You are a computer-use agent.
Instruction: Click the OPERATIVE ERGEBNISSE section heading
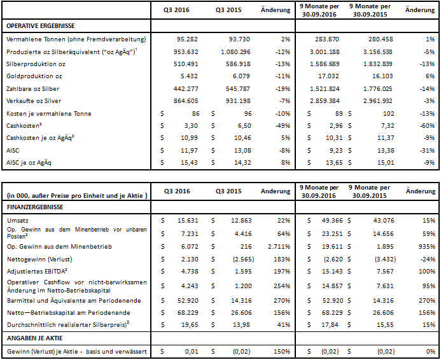pos(39,26)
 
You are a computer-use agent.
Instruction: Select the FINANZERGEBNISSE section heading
pos(36,207)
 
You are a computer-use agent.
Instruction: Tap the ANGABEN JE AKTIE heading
pos(36,337)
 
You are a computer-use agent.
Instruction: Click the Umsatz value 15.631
pos(189,219)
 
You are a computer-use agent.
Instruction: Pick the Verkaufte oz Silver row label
pos(34,101)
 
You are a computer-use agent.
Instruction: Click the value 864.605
pos(187,101)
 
